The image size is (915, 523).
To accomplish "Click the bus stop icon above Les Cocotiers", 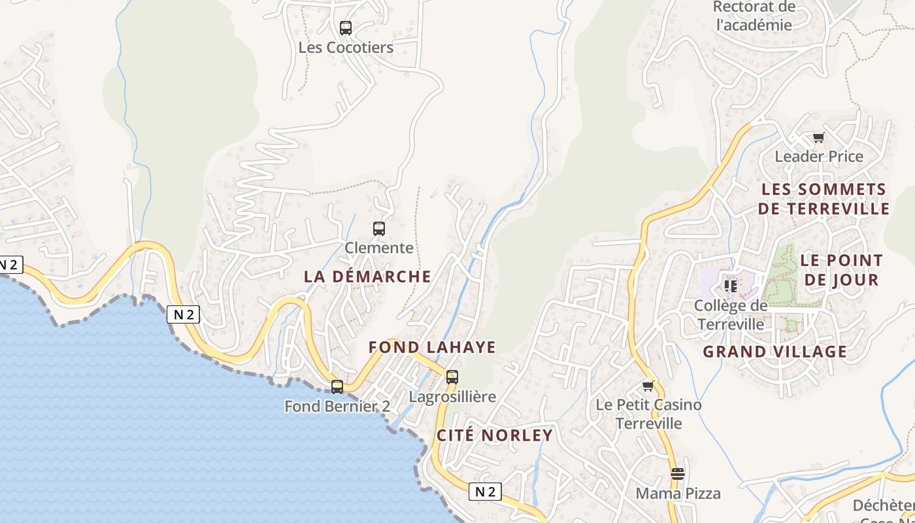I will coord(346,28).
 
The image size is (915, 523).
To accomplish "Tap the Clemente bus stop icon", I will coord(379,229).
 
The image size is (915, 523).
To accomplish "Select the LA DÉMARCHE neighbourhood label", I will coord(367,277).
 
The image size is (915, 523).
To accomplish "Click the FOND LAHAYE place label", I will coord(432,347).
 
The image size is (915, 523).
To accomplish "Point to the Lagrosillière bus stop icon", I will coord(452,377).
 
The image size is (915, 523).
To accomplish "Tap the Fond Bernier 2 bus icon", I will coord(337,386).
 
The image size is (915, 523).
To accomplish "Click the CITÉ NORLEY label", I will coord(495,435).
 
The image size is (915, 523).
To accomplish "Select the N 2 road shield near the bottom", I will coord(485,492).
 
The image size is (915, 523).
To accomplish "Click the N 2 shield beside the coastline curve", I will coord(183,314).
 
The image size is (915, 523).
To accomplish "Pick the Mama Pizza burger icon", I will coord(678,473).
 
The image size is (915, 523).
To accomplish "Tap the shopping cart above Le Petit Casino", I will coord(648,386).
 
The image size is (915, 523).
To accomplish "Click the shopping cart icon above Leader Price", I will coord(818,137).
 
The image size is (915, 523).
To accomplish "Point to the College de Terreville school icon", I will coord(730,286).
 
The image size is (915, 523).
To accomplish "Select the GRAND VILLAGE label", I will coord(774,352).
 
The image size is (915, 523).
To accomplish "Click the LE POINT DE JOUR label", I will coord(841,270).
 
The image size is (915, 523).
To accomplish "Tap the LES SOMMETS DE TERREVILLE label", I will coord(825,199).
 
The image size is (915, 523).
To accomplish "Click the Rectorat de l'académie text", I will coord(754,16).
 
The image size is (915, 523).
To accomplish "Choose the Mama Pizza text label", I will coord(678,494).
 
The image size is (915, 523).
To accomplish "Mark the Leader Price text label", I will coord(819,157).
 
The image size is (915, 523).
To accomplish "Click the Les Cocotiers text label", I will coord(346,48).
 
